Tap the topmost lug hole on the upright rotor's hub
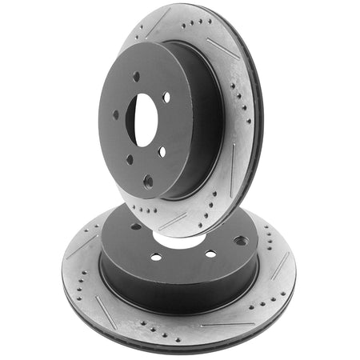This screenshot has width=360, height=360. click(x=136, y=77)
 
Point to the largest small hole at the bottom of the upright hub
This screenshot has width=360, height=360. click(x=148, y=182)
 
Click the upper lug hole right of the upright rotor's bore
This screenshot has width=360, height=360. click(x=166, y=98)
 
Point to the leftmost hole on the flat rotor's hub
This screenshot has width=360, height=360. click(x=136, y=226)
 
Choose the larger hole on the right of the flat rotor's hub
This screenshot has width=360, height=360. click(x=241, y=241)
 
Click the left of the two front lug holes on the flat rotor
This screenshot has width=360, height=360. click(x=156, y=257)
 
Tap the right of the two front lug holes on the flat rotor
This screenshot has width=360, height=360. click(x=210, y=254)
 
